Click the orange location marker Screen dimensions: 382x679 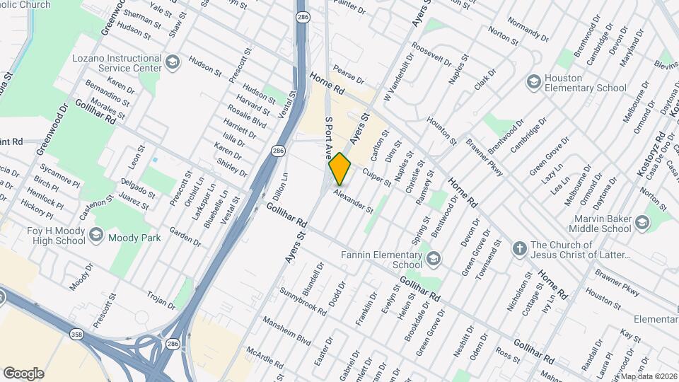click(x=340, y=168)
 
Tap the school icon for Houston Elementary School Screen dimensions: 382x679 click(x=533, y=83)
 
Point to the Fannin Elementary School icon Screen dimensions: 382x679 click(x=433, y=260)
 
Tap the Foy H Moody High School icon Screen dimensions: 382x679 click(x=96, y=234)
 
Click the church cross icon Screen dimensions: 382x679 click(x=519, y=249)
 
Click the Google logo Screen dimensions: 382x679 click(x=23, y=373)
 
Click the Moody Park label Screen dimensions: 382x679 click(x=134, y=238)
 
